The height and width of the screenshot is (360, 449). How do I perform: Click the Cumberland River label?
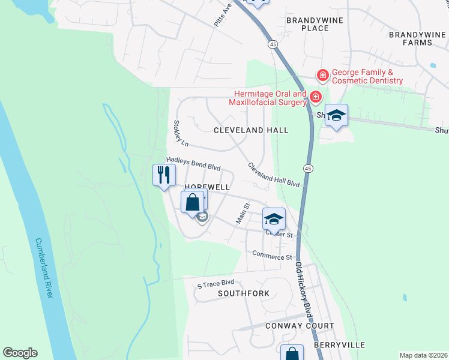pos(44,268)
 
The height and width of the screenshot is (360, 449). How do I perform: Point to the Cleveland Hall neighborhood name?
pos(251,130)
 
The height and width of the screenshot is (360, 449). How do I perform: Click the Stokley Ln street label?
pos(181,134)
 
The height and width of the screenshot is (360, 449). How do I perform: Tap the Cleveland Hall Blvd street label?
pos(273,175)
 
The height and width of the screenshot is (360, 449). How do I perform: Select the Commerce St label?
pos(271,256)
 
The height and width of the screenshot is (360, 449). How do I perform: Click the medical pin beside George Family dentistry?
pos(323,75)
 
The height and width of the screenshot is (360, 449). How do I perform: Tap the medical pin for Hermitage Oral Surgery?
pos(315,96)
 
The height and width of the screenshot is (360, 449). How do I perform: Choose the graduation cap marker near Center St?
pos(274,219)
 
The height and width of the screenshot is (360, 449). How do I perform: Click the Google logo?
pos(20,353)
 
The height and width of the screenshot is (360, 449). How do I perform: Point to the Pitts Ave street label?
pos(223,14)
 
